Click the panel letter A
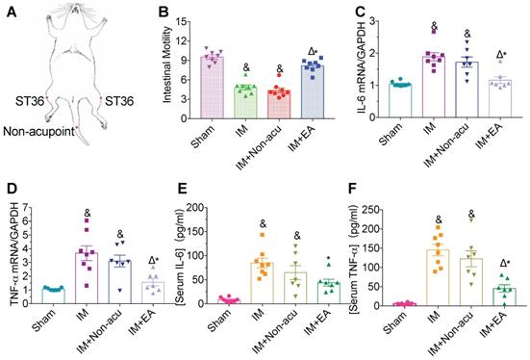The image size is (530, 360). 12,13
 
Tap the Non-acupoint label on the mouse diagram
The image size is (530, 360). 38,131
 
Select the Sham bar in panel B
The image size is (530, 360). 213,88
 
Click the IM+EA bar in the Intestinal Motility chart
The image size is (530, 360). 313,92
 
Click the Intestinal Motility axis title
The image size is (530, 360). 167,64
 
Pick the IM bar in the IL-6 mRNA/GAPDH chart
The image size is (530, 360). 434,87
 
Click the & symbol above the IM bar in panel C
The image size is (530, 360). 434,26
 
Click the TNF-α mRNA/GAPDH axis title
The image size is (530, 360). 15,254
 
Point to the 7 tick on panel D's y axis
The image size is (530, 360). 27,207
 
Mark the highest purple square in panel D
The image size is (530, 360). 87,220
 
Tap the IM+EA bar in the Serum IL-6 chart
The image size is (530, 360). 329,294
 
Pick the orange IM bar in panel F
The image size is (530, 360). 438,278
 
